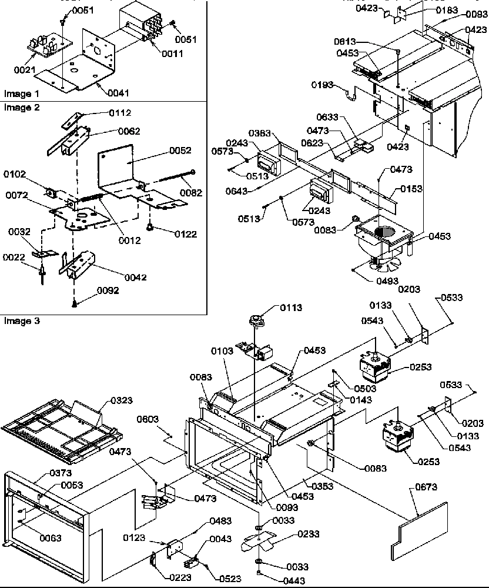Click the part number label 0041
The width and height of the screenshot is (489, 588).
119,92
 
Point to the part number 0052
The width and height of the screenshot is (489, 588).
180,151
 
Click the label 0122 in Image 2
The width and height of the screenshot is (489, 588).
186,233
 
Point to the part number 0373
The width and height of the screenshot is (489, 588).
61,473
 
